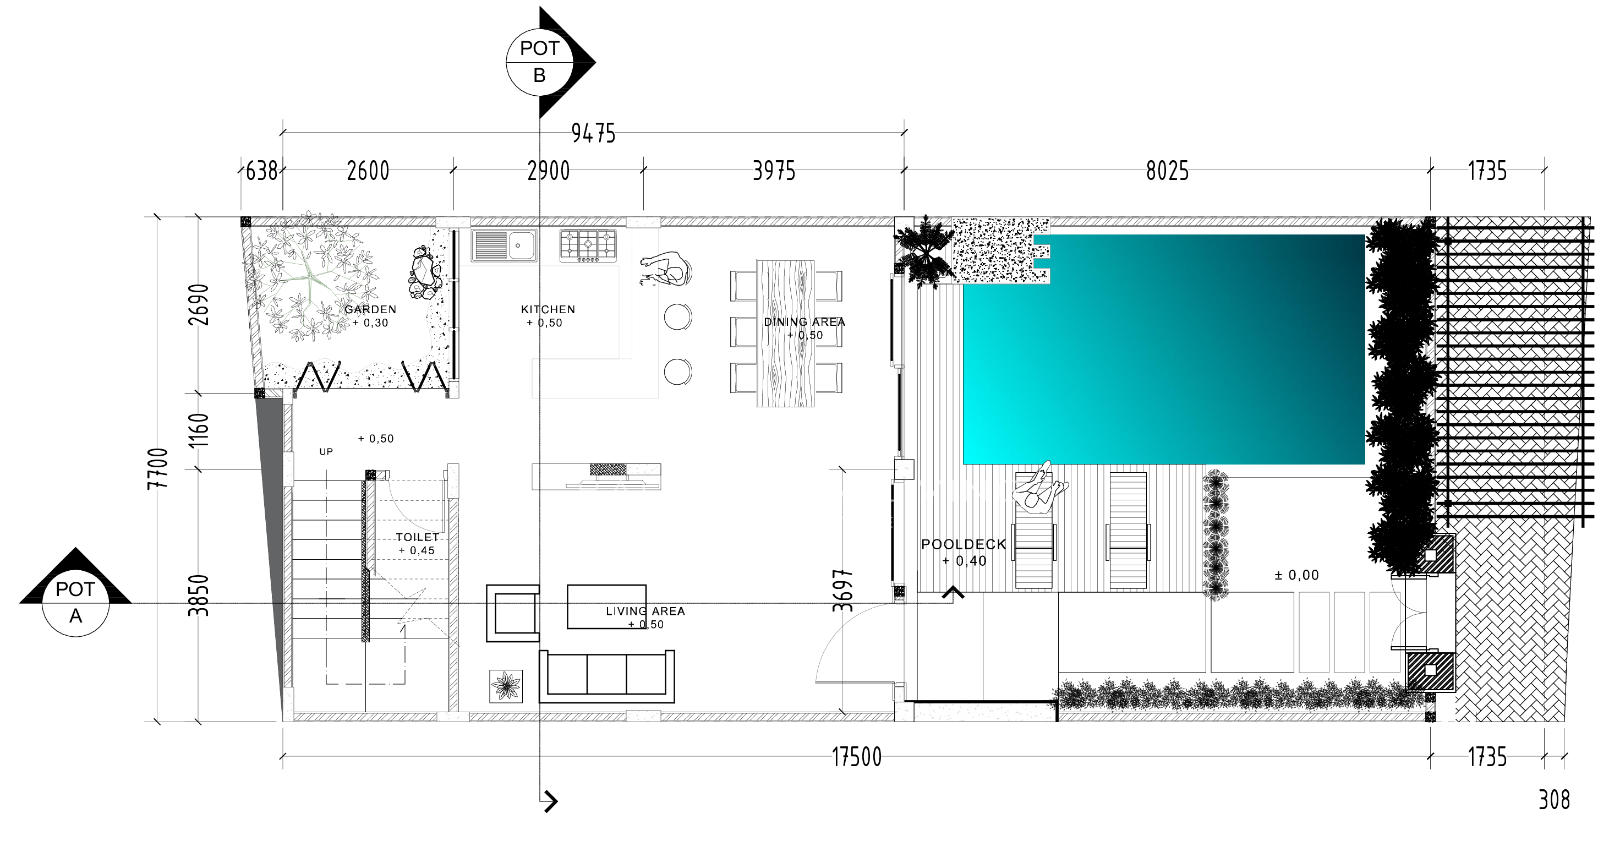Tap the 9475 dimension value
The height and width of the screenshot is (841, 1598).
[593, 133]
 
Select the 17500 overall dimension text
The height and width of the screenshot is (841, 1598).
[857, 757]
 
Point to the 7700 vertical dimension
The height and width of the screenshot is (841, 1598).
[158, 468]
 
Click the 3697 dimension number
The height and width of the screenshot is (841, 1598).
[843, 590]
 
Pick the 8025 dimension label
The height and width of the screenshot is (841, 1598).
[1168, 171]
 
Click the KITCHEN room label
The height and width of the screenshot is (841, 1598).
[548, 309]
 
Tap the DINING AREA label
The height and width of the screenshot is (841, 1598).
[805, 321]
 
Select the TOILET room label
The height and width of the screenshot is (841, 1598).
[418, 537]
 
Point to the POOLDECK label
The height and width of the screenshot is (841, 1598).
[964, 544]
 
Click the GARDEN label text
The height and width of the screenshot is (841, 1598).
[370, 309]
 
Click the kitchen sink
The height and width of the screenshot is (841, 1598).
[504, 245]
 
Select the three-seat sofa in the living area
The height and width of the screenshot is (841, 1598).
[607, 676]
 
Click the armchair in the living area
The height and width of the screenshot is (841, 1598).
[513, 613]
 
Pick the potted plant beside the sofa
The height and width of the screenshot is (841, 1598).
[506, 686]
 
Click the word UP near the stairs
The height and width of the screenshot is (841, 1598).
[326, 452]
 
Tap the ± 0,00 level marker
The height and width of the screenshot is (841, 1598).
[1296, 575]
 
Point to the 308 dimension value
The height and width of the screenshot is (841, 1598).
[1554, 800]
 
